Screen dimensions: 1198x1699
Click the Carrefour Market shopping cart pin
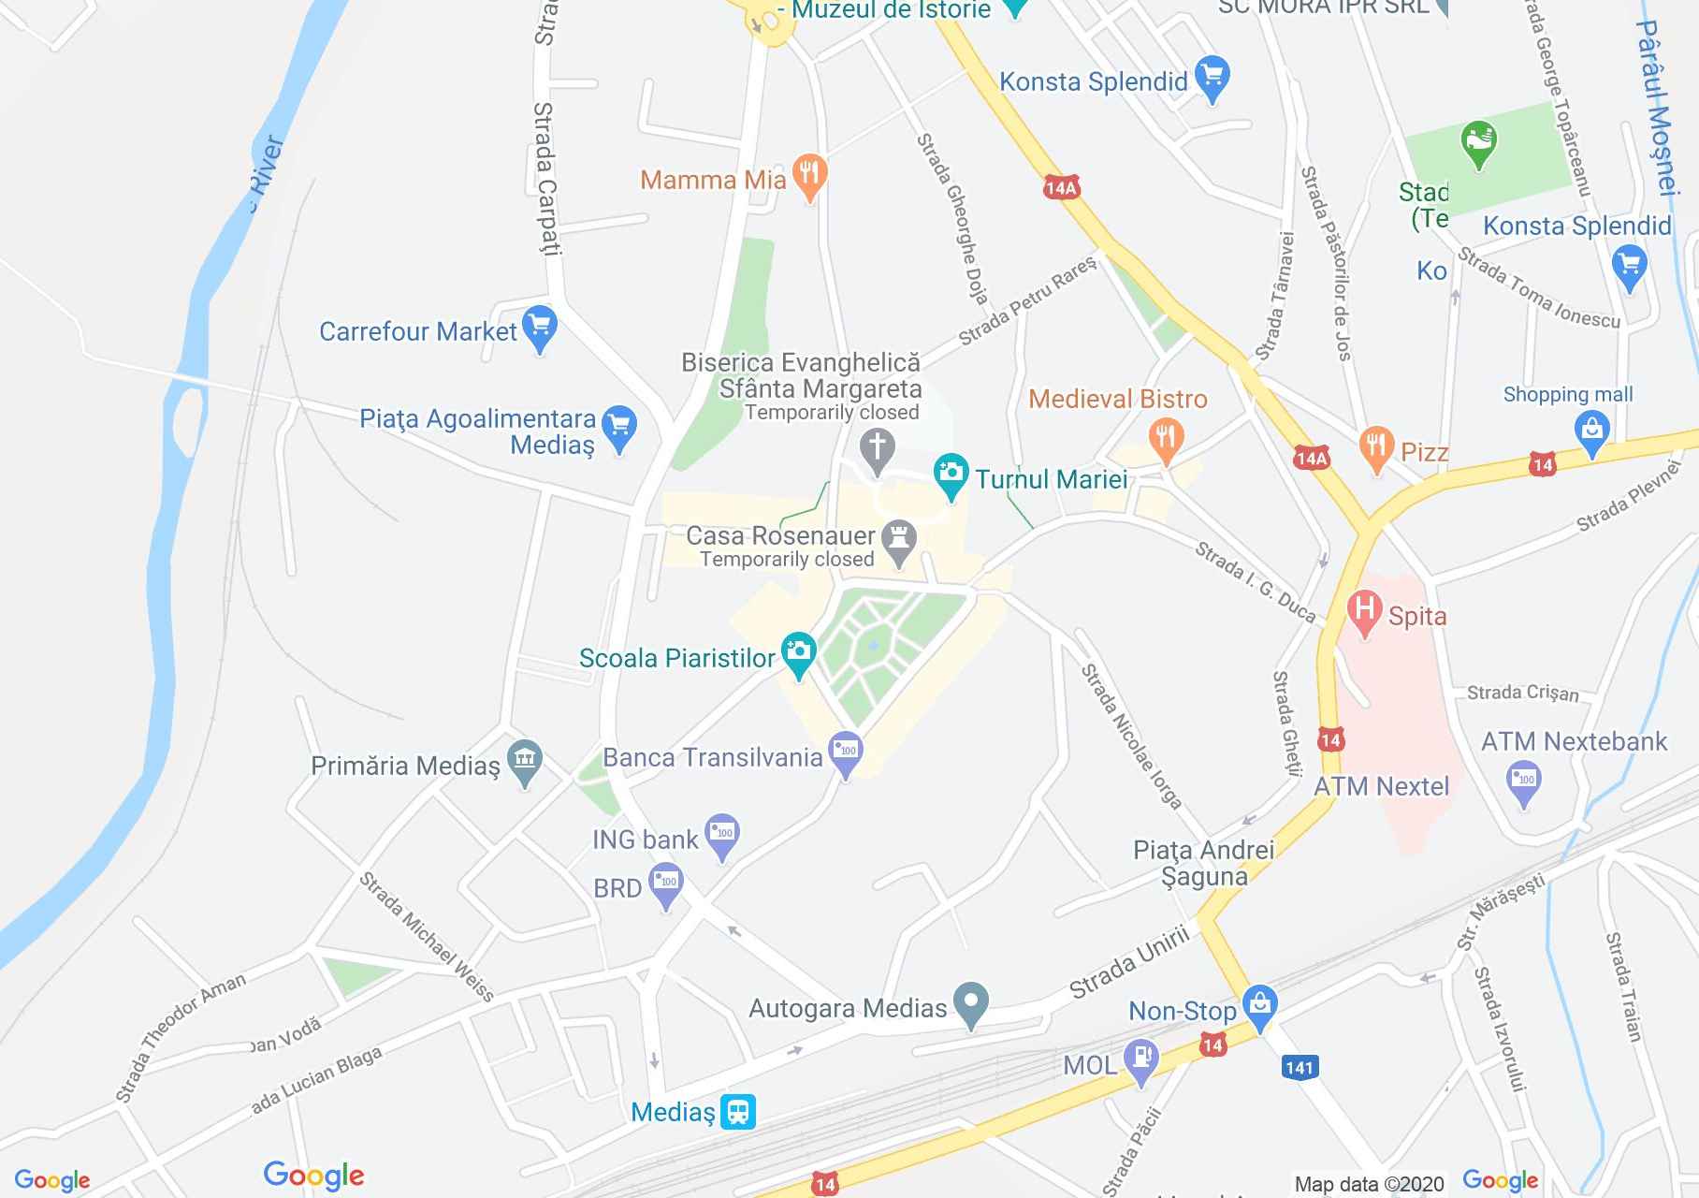click(539, 328)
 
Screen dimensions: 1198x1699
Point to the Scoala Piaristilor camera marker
click(798, 652)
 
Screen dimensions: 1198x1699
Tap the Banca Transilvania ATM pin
click(846, 753)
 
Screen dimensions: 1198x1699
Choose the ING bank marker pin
click(721, 835)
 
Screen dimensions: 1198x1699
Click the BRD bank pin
click(666, 884)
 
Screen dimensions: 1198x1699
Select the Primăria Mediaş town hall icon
click(524, 762)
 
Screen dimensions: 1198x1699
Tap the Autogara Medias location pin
click(971, 1003)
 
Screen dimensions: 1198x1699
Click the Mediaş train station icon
click(739, 1112)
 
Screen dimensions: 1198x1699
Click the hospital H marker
click(1364, 611)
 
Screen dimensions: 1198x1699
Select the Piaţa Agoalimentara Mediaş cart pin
click(618, 427)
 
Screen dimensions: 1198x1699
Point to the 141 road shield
click(1299, 1067)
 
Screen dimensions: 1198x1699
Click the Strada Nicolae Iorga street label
click(1131, 737)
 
